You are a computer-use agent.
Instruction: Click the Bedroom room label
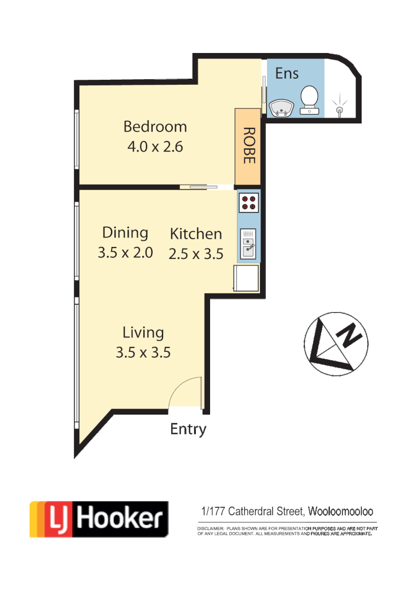(155, 127)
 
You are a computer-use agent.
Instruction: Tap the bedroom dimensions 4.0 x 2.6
(155, 147)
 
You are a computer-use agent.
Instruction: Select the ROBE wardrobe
(248, 146)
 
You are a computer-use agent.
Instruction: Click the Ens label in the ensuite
(287, 73)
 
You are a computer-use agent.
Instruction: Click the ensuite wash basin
(282, 108)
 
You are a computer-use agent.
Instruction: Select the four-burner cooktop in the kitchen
(248, 203)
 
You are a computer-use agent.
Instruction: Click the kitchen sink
(248, 244)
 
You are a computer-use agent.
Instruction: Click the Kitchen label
(196, 234)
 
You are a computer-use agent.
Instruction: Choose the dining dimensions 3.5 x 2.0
(125, 253)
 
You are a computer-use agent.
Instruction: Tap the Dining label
(125, 233)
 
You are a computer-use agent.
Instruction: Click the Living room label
(143, 332)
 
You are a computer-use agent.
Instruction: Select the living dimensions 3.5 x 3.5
(143, 352)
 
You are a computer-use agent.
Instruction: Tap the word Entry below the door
(188, 429)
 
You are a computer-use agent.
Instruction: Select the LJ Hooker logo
(98, 518)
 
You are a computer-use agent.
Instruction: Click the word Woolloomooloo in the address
(341, 512)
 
